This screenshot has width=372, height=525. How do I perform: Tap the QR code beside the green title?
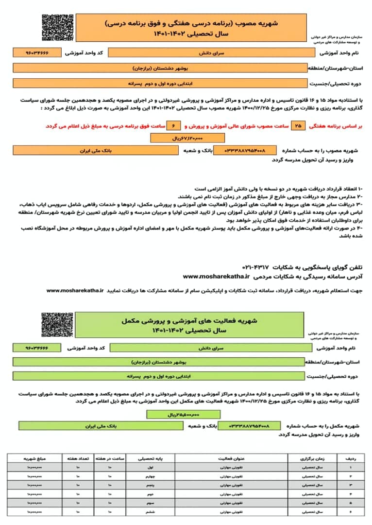pyautogui.click(x=54, y=325)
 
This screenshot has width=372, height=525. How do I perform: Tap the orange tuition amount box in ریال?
pyautogui.click(x=181, y=139)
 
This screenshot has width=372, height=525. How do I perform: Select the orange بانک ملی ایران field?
pyautogui.click(x=96, y=151)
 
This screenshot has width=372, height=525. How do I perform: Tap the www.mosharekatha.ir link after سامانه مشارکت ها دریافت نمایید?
pyautogui.click(x=75, y=290)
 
